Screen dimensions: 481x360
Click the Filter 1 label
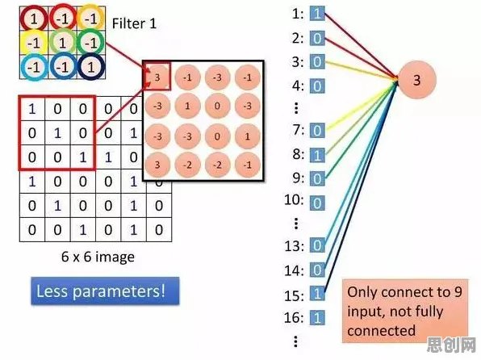134,23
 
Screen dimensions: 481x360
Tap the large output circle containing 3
416,80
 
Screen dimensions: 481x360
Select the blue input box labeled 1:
317,14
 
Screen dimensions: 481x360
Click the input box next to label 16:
317,318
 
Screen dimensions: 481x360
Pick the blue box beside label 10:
317,203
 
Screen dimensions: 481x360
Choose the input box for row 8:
317,155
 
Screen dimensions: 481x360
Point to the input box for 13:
317,245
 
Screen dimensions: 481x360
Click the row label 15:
295,295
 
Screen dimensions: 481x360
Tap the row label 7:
299,130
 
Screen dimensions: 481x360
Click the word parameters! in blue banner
119,291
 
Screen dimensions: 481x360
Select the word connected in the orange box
381,331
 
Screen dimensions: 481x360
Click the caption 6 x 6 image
98,257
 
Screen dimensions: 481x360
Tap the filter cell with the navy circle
91,67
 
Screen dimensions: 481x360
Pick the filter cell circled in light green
62,43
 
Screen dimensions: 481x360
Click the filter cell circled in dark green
91,43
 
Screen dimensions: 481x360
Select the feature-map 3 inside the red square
157,77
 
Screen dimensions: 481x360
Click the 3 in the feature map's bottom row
157,165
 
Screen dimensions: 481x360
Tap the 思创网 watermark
451,345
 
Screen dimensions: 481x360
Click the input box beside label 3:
317,61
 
